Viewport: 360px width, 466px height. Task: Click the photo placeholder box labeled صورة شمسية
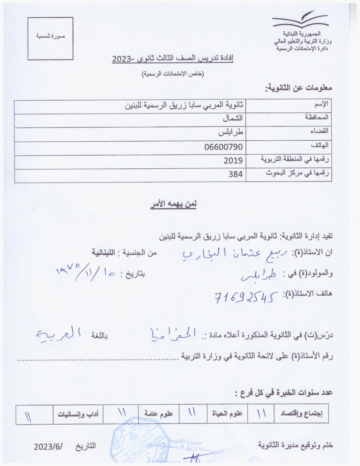(x=50, y=38)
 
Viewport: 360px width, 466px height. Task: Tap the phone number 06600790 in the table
(x=223, y=147)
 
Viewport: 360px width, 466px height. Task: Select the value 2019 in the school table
(x=233, y=160)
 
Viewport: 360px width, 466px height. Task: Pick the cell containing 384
(x=235, y=174)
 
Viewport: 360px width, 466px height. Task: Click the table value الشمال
(x=233, y=118)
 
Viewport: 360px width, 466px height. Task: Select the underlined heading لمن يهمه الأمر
(x=173, y=204)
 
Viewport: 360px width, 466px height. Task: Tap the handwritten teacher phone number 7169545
(x=245, y=297)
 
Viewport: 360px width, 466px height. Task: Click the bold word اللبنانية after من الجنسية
(x=103, y=252)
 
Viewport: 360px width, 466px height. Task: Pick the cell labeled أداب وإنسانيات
(x=78, y=414)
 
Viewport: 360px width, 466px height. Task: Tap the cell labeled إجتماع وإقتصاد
(x=301, y=414)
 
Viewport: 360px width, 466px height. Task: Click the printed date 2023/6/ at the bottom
(x=49, y=446)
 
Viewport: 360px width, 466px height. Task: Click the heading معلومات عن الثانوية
(x=298, y=88)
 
